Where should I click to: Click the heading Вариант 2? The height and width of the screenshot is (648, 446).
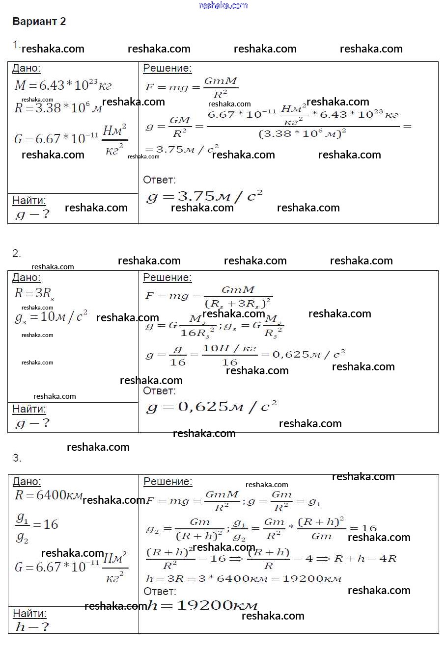(x=39, y=22)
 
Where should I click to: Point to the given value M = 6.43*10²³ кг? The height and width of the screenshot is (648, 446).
(x=63, y=85)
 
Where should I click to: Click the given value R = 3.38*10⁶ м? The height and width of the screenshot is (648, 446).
(x=58, y=108)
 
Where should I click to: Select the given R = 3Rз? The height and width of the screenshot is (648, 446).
(x=34, y=293)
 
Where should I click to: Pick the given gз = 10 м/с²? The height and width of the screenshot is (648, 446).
(x=51, y=317)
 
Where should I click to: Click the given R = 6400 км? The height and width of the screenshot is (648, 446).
(x=48, y=495)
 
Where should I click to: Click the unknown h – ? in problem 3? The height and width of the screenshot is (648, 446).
(x=32, y=626)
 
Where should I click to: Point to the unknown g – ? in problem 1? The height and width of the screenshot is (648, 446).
(x=32, y=214)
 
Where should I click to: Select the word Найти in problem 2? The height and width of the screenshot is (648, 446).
(x=29, y=409)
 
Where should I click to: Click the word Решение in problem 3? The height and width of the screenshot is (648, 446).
(x=167, y=482)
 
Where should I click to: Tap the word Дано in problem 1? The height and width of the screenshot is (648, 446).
(x=26, y=69)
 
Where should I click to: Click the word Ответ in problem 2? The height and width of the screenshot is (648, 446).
(x=159, y=391)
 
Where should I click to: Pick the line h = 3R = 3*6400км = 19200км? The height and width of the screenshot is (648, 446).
(x=244, y=578)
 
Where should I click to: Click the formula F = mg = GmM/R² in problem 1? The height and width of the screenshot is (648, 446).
(x=192, y=87)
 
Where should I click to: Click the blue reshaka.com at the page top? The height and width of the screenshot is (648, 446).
(x=223, y=5)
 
